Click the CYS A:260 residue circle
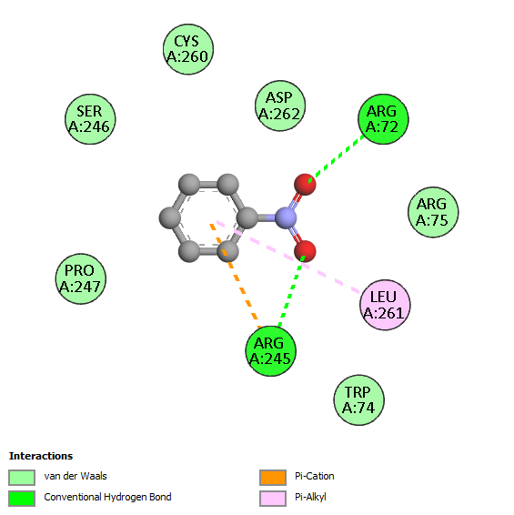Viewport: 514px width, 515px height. pos(188,49)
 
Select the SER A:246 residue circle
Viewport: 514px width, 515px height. pos(90,119)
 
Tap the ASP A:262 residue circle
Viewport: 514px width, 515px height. pos(280,106)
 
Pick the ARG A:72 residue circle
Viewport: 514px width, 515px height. pos(383,119)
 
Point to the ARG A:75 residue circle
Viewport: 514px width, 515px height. pos(433,212)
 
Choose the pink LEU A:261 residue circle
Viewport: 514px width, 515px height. pos(385,305)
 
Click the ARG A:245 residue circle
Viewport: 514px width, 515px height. pos(270,351)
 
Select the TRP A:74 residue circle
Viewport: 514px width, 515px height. pos(359,400)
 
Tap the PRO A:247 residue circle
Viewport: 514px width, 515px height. pos(80,278)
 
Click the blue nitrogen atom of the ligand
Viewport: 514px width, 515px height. pos(286,217)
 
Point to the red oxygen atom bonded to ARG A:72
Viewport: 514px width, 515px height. pos(305,185)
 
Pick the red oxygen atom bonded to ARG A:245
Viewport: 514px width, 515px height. pos(305,251)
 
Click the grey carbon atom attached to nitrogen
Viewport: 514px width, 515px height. pos(247,217)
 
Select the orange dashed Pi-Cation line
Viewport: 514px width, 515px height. pos(235,276)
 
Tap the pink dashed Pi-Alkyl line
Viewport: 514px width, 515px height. pos(287,257)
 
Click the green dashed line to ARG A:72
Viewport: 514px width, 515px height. pos(337,158)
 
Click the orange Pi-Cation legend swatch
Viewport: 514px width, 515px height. pos(273,478)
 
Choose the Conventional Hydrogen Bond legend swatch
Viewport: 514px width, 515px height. pos(22,499)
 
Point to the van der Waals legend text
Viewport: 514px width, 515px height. pos(76,476)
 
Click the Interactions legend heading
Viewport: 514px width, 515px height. pos(41,456)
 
